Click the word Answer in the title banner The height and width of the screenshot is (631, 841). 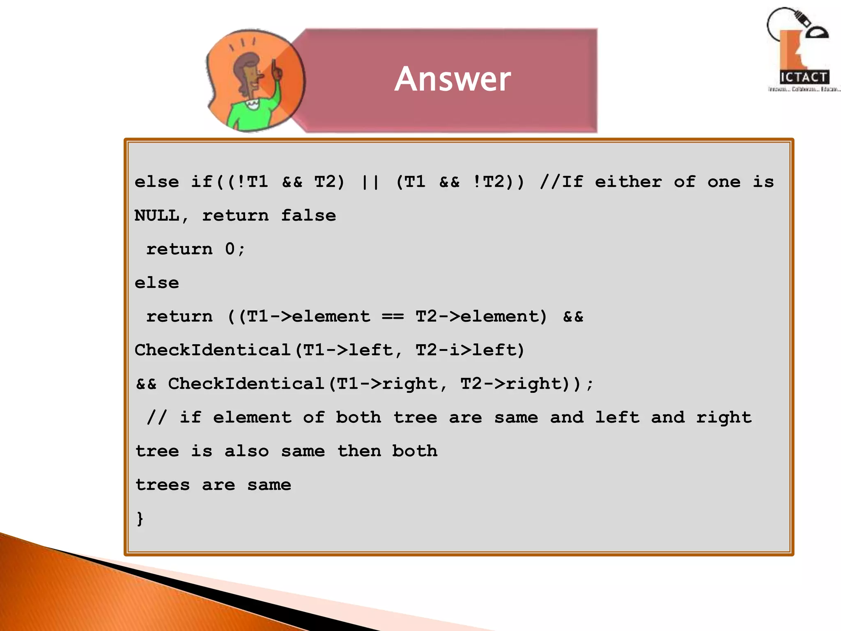tap(453, 79)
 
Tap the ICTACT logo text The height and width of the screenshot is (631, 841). tap(804, 77)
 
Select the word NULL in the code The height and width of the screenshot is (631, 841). tap(157, 216)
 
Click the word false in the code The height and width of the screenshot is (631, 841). tap(308, 216)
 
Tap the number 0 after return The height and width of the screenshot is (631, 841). tap(230, 249)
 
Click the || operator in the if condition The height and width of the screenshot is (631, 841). tap(370, 182)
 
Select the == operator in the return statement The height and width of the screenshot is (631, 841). tap(393, 317)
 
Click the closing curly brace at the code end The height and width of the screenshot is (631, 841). tap(140, 518)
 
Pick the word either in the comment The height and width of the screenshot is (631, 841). tap(628, 182)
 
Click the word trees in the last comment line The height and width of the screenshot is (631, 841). tap(163, 485)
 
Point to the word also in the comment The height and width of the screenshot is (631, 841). tap(246, 451)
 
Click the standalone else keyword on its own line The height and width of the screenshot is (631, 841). tap(157, 283)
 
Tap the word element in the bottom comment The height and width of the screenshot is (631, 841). tap(252, 418)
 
